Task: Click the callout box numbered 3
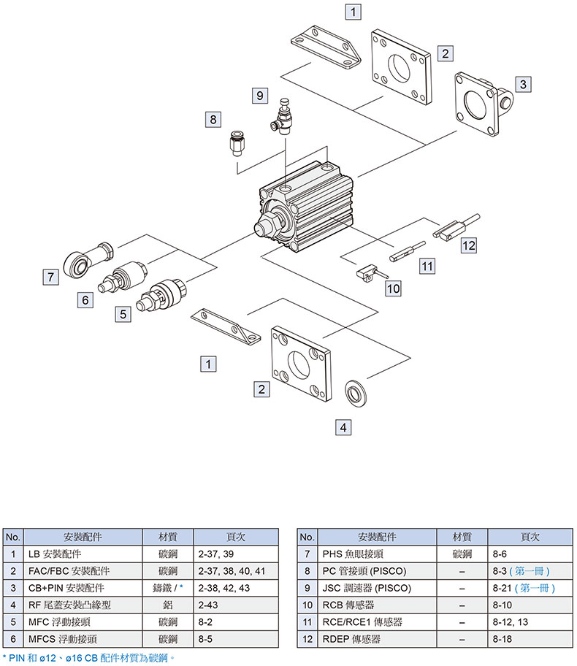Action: coord(522,84)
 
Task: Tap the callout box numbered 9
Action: coord(259,95)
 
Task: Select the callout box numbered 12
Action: coord(468,245)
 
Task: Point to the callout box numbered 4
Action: coord(343,426)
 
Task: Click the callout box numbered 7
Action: coord(50,277)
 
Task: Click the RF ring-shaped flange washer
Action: coord(356,393)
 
